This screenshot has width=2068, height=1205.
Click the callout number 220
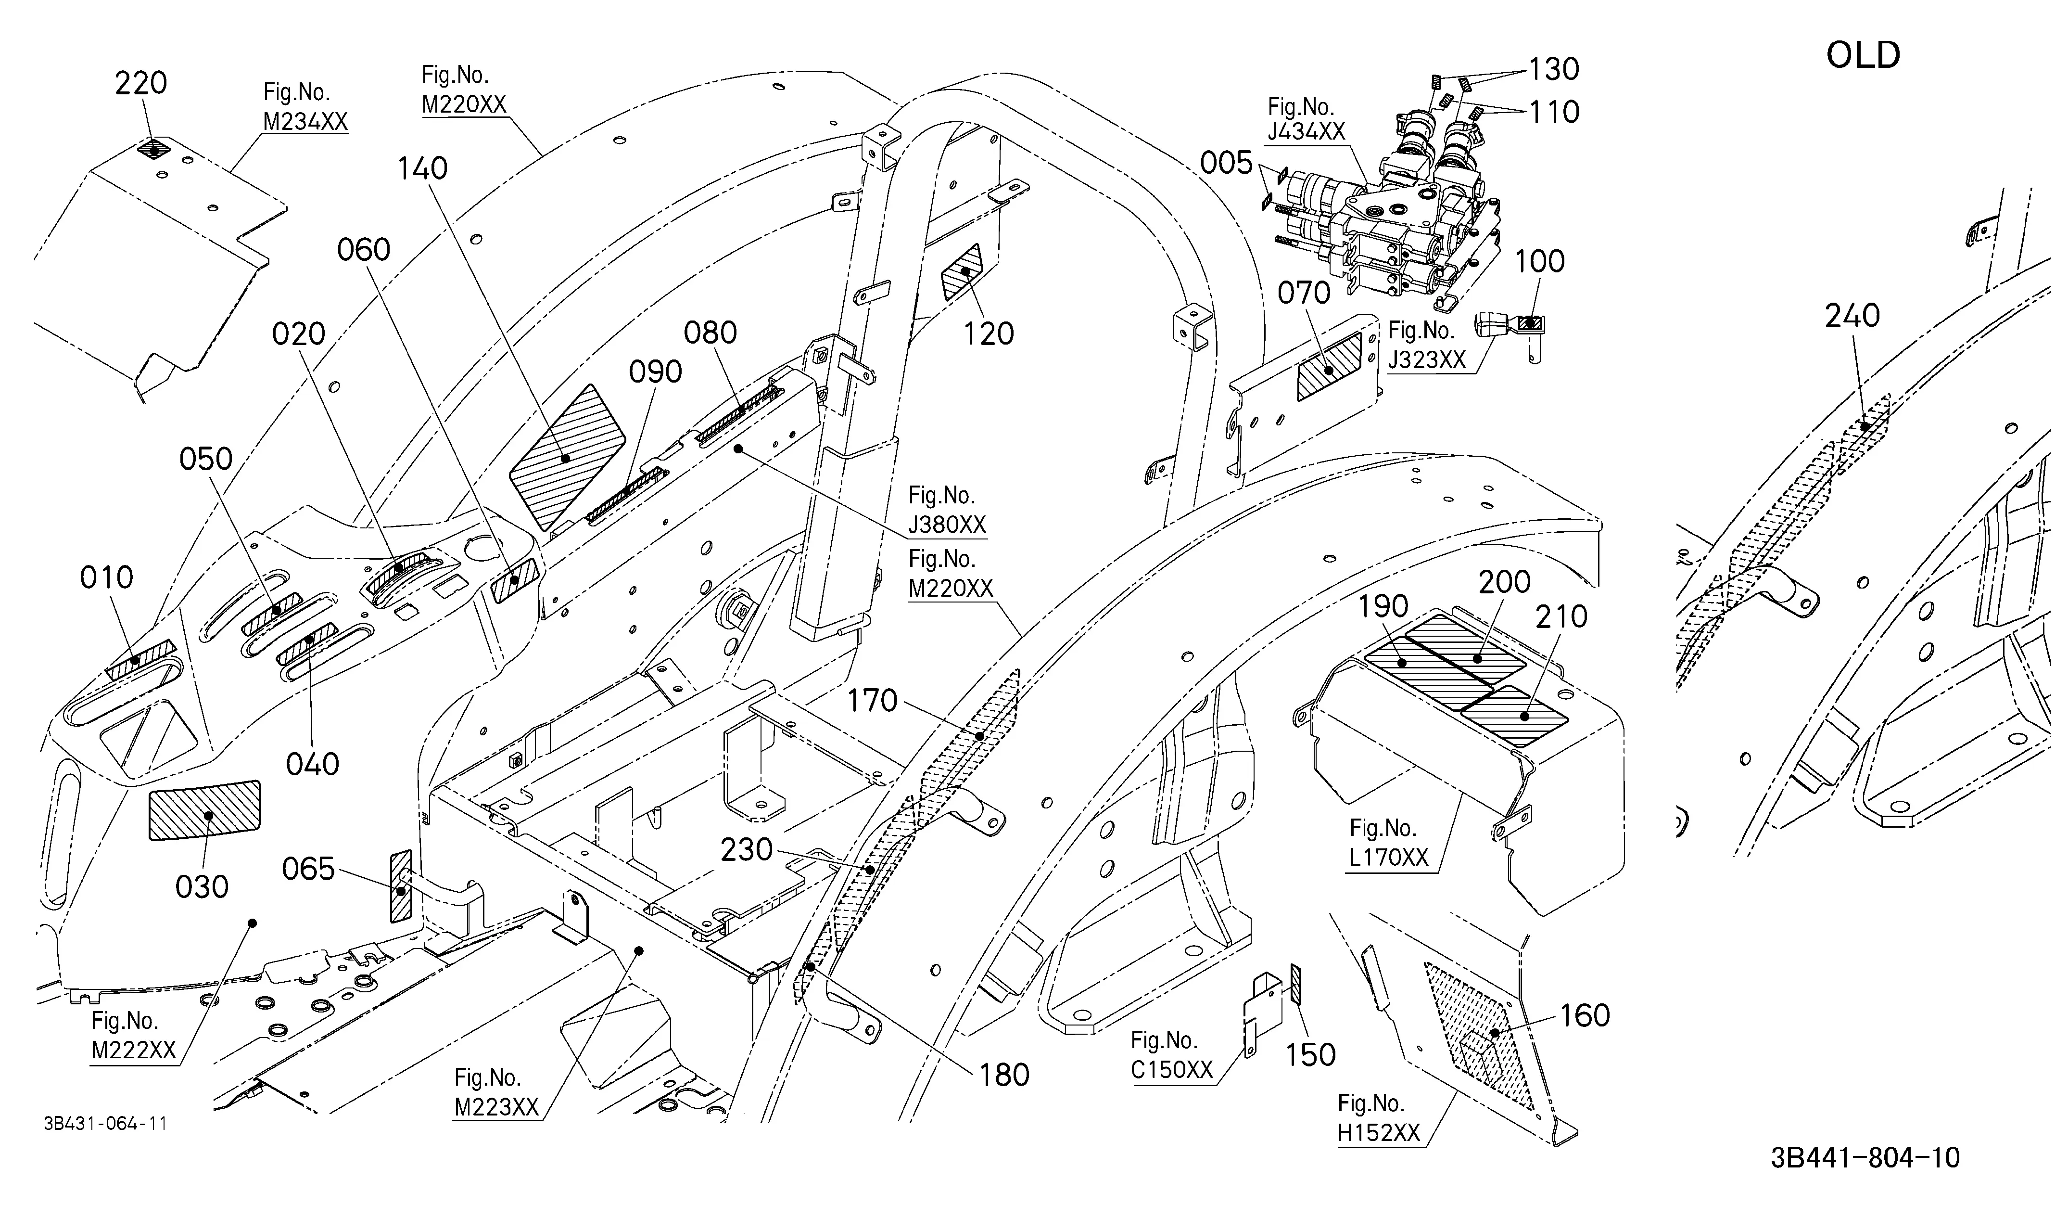(x=140, y=83)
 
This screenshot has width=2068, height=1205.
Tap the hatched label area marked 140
(x=568, y=456)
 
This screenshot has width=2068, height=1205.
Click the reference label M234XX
(x=305, y=121)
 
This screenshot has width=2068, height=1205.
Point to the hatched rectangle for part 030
(x=204, y=810)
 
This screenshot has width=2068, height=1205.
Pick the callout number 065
(x=308, y=869)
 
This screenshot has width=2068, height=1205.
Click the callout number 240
(x=1852, y=315)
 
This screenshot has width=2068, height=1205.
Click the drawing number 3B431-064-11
(x=106, y=1123)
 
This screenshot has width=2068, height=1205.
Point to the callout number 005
(x=1226, y=163)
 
